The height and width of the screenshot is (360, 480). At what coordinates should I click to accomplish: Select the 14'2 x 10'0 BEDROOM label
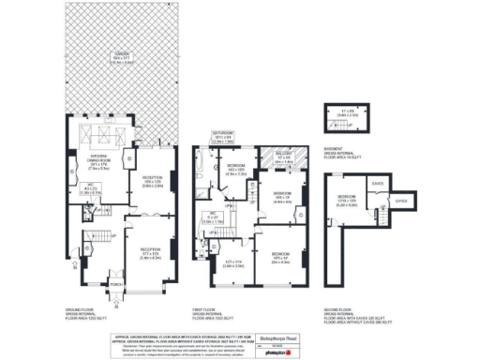(x=234, y=170)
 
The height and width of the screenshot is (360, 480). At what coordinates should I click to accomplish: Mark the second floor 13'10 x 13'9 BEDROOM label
(x=340, y=202)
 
